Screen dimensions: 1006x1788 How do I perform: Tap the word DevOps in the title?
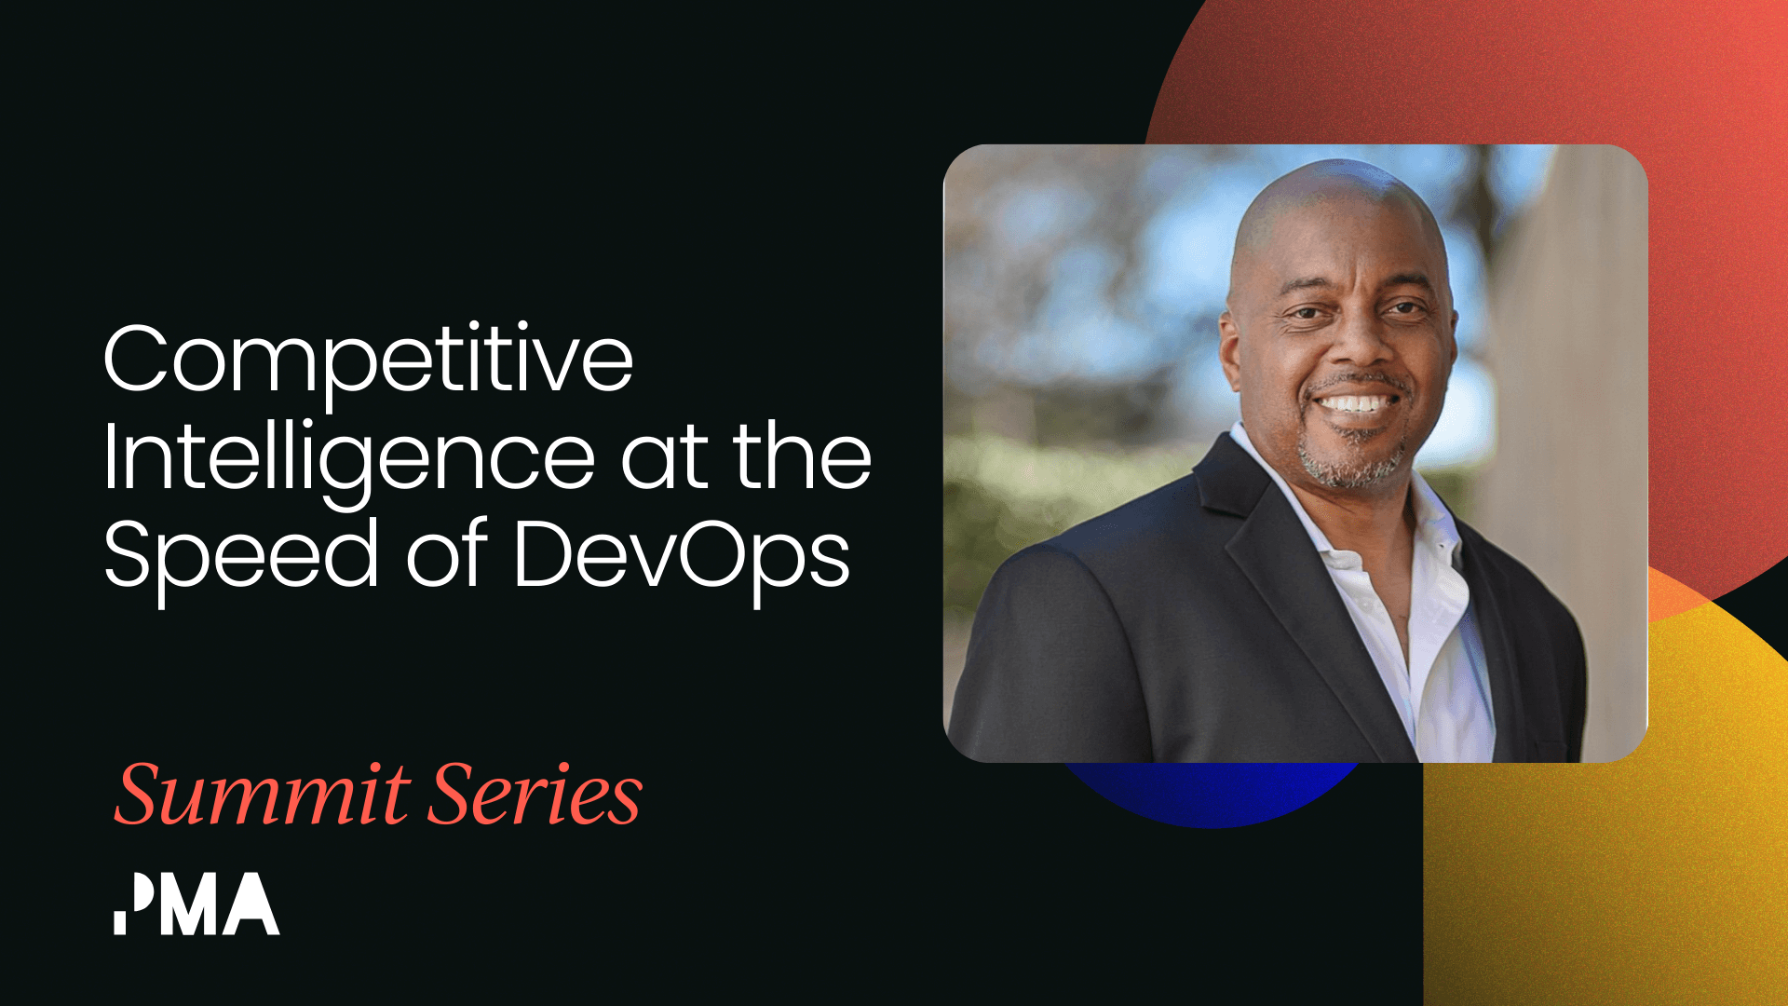click(681, 557)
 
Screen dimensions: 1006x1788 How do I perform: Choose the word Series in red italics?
click(535, 795)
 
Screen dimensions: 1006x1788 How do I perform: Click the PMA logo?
click(196, 904)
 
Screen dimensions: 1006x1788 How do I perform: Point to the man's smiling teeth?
click(1358, 404)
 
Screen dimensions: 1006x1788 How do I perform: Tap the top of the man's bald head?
click(1341, 177)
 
